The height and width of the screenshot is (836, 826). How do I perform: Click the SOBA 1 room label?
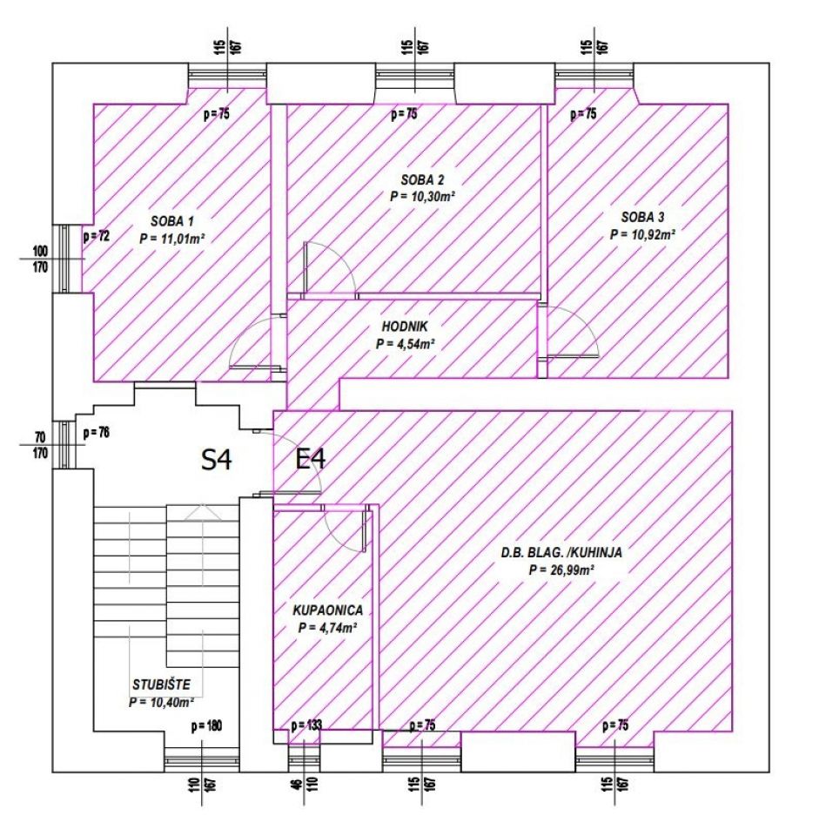tap(172, 220)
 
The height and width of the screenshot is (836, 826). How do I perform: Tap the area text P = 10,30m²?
tap(422, 196)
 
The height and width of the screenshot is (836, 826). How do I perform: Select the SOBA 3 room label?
tap(642, 217)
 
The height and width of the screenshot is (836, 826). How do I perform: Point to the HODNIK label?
tap(405, 327)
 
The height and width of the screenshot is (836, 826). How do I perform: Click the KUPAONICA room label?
tap(328, 610)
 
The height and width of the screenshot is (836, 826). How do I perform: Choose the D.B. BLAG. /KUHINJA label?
tap(561, 552)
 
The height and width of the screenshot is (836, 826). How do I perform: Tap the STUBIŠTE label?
tap(161, 684)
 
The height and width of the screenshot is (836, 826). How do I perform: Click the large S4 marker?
tap(217, 459)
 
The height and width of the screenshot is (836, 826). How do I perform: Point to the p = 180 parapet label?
tap(206, 725)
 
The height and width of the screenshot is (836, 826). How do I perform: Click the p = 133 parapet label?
tap(306, 725)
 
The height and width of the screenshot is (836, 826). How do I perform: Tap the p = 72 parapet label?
tap(97, 236)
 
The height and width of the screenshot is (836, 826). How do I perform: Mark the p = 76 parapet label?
tap(97, 433)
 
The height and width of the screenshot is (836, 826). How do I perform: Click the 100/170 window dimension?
tap(40, 259)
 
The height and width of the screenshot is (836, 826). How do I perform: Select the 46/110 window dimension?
tap(305, 784)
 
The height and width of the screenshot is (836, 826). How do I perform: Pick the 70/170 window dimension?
tap(41, 445)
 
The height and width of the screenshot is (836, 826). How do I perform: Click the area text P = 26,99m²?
tap(561, 570)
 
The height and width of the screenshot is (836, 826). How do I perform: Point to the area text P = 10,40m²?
tap(161, 702)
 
